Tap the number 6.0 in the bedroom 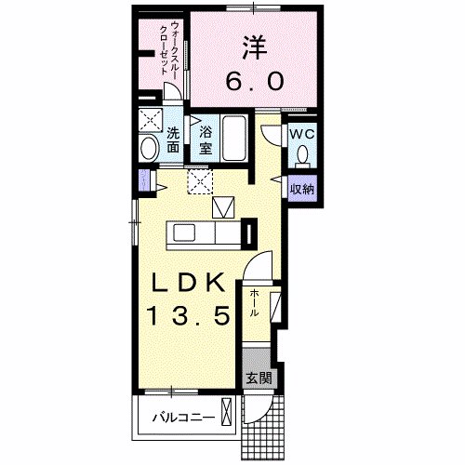click(252, 82)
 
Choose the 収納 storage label click(299, 189)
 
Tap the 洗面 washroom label click(175, 138)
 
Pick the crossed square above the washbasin click(149, 121)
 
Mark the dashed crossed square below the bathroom click(199, 180)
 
